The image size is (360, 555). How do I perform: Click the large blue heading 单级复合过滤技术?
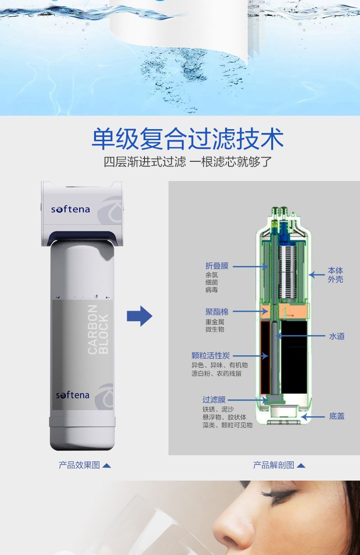tap(188, 138)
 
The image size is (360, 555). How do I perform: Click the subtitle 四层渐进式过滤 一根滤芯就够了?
tap(188, 162)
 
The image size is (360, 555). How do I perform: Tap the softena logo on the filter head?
tap(71, 209)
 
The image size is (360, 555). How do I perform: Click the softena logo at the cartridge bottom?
tap(72, 395)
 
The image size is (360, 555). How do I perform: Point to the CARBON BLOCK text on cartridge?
tap(98, 329)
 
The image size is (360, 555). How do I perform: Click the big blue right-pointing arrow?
tap(140, 316)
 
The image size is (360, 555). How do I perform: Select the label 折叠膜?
tap(216, 266)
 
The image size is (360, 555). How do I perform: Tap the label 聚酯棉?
tap(216, 312)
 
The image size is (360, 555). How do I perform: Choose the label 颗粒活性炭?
tap(211, 355)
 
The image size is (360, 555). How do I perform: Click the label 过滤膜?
tap(214, 399)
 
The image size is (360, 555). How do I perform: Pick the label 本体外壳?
tap(335, 275)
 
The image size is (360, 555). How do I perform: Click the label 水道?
tap(336, 336)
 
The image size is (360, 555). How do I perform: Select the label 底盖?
tap(336, 416)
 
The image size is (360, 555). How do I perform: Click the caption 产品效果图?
tap(79, 465)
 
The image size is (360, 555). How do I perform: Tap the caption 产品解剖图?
tap(274, 465)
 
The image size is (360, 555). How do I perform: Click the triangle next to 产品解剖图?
tap(301, 466)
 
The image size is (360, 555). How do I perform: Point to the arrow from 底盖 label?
tap(313, 417)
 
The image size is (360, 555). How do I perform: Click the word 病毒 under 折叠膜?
tap(212, 290)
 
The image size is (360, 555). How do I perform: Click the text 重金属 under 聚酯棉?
tap(215, 322)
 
